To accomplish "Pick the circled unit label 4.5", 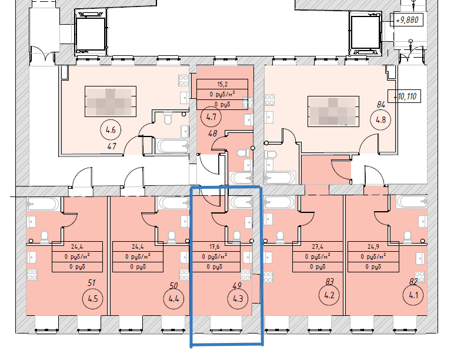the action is coord(91,298).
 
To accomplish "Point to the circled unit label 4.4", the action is coord(173,298).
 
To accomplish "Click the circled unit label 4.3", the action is coord(238,298).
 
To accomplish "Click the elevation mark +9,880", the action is coord(407,20).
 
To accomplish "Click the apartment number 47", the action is coord(111,145).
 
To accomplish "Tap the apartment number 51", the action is coord(91,284).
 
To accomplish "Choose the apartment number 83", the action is coord(329,281).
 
